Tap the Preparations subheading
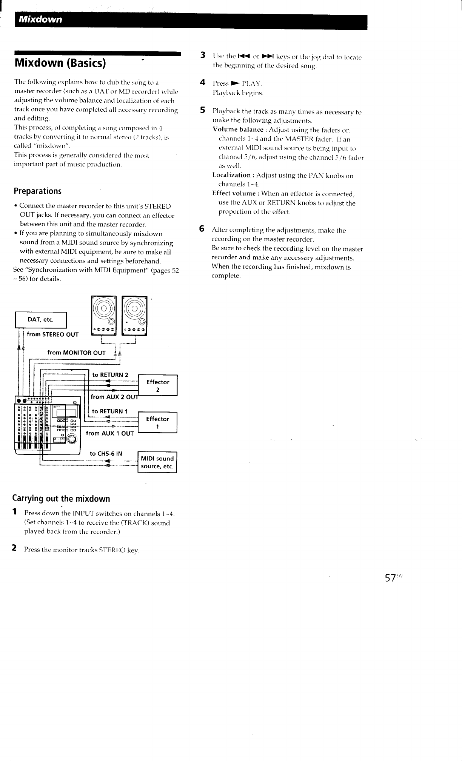[37, 191]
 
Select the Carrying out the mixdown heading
[62, 499]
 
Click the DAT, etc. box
[41, 320]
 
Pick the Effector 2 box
[158, 385]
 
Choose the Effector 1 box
[157, 422]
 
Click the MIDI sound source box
[157, 462]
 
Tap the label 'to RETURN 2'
[110, 375]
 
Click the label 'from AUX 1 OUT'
[110, 433]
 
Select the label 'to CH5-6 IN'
[106, 453]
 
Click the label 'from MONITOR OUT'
[76, 353]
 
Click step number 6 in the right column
[202, 229]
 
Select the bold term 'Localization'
[231, 175]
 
